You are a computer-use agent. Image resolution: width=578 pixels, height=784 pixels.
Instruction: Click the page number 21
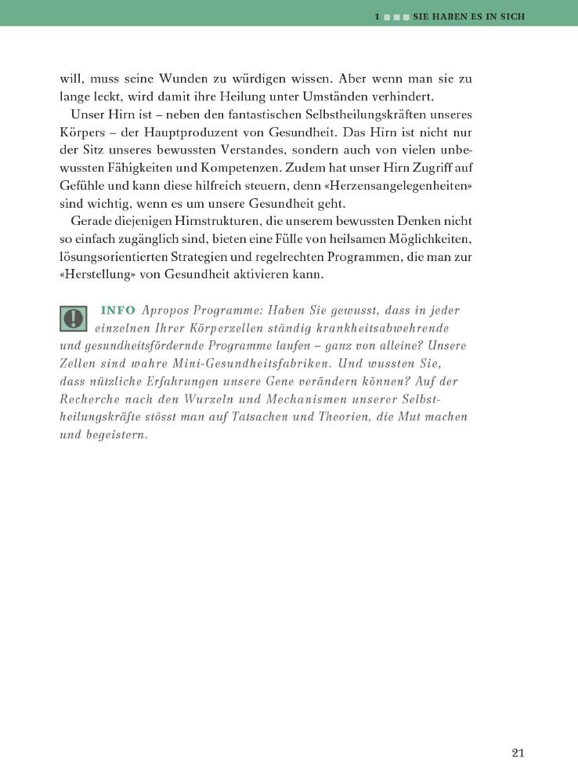point(517,753)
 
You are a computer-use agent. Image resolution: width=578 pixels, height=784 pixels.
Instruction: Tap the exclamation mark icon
point(74,318)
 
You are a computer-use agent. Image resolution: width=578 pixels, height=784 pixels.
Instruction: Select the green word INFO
point(118,310)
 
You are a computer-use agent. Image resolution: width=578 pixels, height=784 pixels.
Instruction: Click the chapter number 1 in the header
point(378,16)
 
